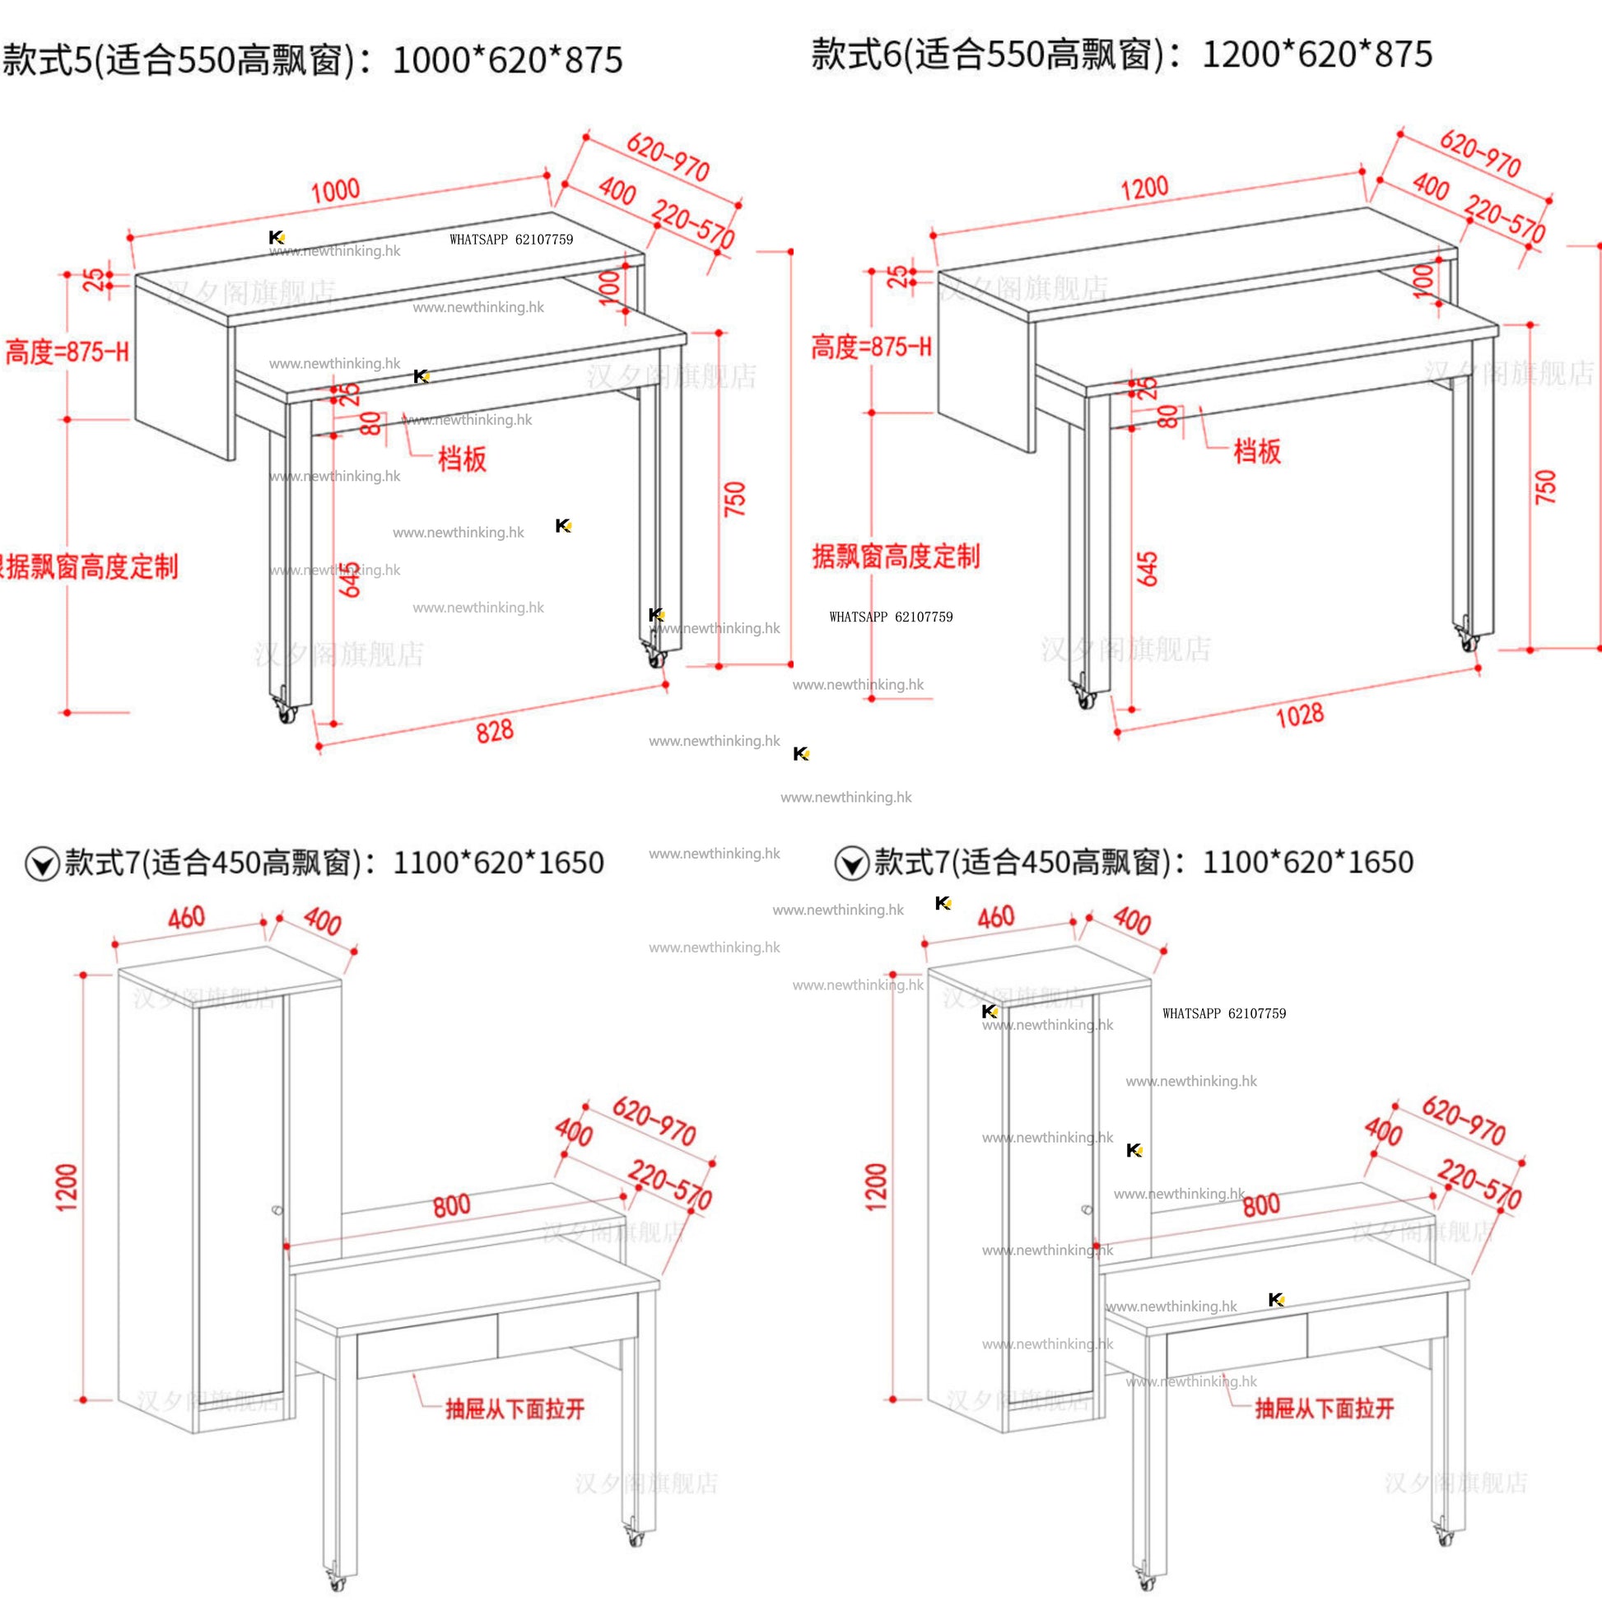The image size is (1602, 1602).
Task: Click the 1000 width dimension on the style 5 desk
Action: (335, 192)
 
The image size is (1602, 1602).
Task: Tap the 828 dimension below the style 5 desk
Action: (494, 731)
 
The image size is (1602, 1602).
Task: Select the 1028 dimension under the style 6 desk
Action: (1299, 715)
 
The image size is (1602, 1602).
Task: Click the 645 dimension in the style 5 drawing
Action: (350, 578)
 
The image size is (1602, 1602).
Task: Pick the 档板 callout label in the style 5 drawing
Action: (462, 459)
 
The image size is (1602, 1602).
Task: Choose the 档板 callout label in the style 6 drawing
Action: (1257, 451)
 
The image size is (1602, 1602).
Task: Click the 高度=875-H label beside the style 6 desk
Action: (871, 347)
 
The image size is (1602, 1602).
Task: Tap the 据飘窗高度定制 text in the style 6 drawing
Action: (896, 556)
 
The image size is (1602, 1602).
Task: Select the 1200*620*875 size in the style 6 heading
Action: (1317, 54)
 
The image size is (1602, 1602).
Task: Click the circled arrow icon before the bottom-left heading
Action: (41, 864)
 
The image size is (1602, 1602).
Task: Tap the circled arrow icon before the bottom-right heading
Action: (850, 864)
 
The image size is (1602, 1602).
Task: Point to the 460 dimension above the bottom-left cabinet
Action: (187, 918)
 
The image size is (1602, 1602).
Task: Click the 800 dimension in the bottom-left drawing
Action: (451, 1206)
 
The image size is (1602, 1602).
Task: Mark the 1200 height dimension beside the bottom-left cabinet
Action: (67, 1187)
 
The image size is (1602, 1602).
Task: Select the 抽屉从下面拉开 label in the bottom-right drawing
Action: (1325, 1408)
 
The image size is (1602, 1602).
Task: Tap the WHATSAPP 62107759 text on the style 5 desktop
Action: (510, 240)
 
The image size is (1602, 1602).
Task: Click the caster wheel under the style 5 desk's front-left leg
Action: (287, 712)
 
